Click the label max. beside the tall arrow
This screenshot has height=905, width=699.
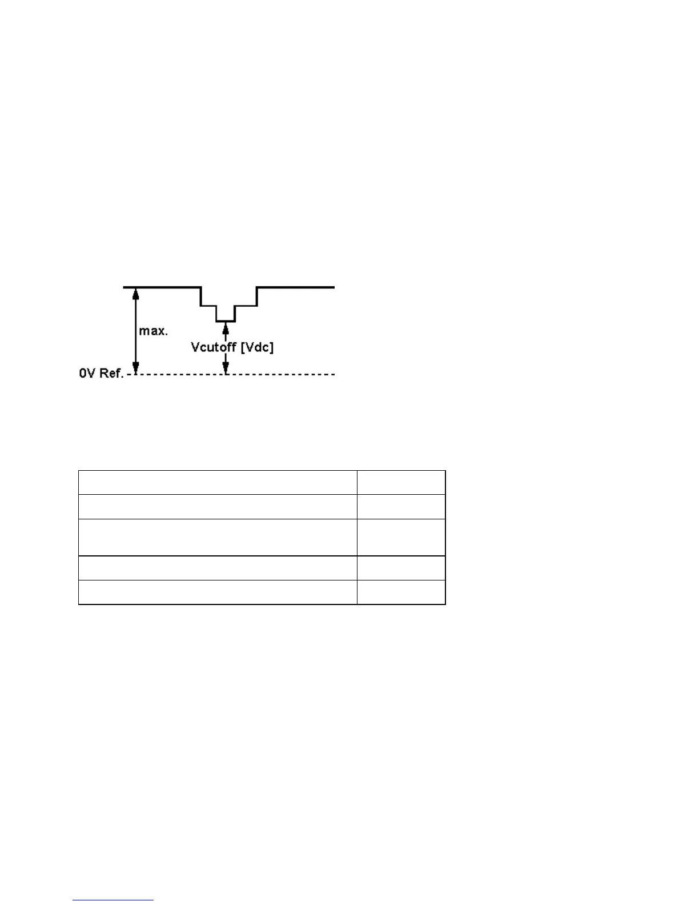(x=153, y=331)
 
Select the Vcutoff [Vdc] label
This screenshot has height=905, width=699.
(x=232, y=347)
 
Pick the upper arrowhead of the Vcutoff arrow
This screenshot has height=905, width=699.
(x=226, y=327)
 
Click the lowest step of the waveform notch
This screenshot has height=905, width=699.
(x=226, y=321)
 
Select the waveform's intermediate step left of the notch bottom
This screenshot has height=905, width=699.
(x=208, y=306)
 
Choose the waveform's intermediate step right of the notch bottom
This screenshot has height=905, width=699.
(x=246, y=306)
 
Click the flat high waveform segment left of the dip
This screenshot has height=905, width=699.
(x=162, y=287)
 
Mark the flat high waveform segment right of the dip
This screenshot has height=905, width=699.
(x=296, y=287)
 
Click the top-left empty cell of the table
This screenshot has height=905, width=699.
(x=218, y=482)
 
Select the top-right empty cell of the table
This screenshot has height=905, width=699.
(x=401, y=482)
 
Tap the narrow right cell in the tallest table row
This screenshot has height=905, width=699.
(x=401, y=537)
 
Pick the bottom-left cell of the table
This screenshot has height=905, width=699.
(x=218, y=592)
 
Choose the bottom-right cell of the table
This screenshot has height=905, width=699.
(x=401, y=592)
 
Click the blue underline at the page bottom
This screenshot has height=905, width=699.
(x=113, y=900)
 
